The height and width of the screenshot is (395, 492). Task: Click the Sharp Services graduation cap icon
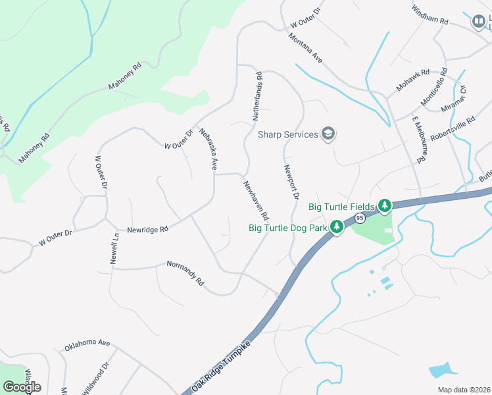[x=328, y=135]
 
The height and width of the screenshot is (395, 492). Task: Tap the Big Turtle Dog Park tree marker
[x=337, y=228]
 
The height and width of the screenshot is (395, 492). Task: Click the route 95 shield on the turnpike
[x=359, y=217]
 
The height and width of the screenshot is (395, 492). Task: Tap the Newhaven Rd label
[x=256, y=201]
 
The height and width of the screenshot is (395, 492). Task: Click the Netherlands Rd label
[x=258, y=96]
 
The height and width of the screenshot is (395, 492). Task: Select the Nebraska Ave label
[x=208, y=149]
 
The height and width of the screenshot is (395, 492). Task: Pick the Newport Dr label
[x=291, y=182]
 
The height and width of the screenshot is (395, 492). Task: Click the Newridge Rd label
[x=148, y=229]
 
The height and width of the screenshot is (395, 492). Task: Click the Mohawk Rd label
[x=412, y=80]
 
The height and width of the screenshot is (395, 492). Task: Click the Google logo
[x=22, y=386]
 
